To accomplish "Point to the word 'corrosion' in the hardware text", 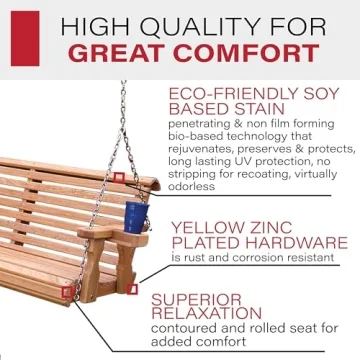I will [254, 258].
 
